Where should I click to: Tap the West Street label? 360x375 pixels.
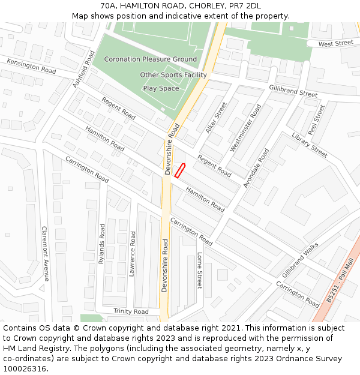pyautogui.click(x=335, y=43)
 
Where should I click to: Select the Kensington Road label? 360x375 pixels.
pyautogui.click(x=31, y=67)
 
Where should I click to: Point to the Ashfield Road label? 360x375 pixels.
pyautogui.click(x=84, y=70)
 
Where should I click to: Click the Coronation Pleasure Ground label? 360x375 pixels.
pyautogui.click(x=150, y=59)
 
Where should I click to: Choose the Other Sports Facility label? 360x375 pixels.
pyautogui.click(x=173, y=75)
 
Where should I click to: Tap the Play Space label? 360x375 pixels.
pyautogui.click(x=161, y=88)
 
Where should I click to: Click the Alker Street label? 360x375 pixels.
pyautogui.click(x=217, y=117)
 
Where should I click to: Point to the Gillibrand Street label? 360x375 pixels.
pyautogui.click(x=293, y=91)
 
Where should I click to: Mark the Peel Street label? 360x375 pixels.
pyautogui.click(x=316, y=119)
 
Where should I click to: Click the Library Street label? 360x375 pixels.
pyautogui.click(x=310, y=145)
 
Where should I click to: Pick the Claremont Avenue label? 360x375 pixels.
pyautogui.click(x=44, y=254)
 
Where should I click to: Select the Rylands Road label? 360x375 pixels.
pyautogui.click(x=102, y=244)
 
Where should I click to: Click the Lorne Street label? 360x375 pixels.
pyautogui.click(x=200, y=271)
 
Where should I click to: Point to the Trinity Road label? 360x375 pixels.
pyautogui.click(x=131, y=311)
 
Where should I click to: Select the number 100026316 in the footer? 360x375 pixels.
pyautogui.click(x=25, y=369)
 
